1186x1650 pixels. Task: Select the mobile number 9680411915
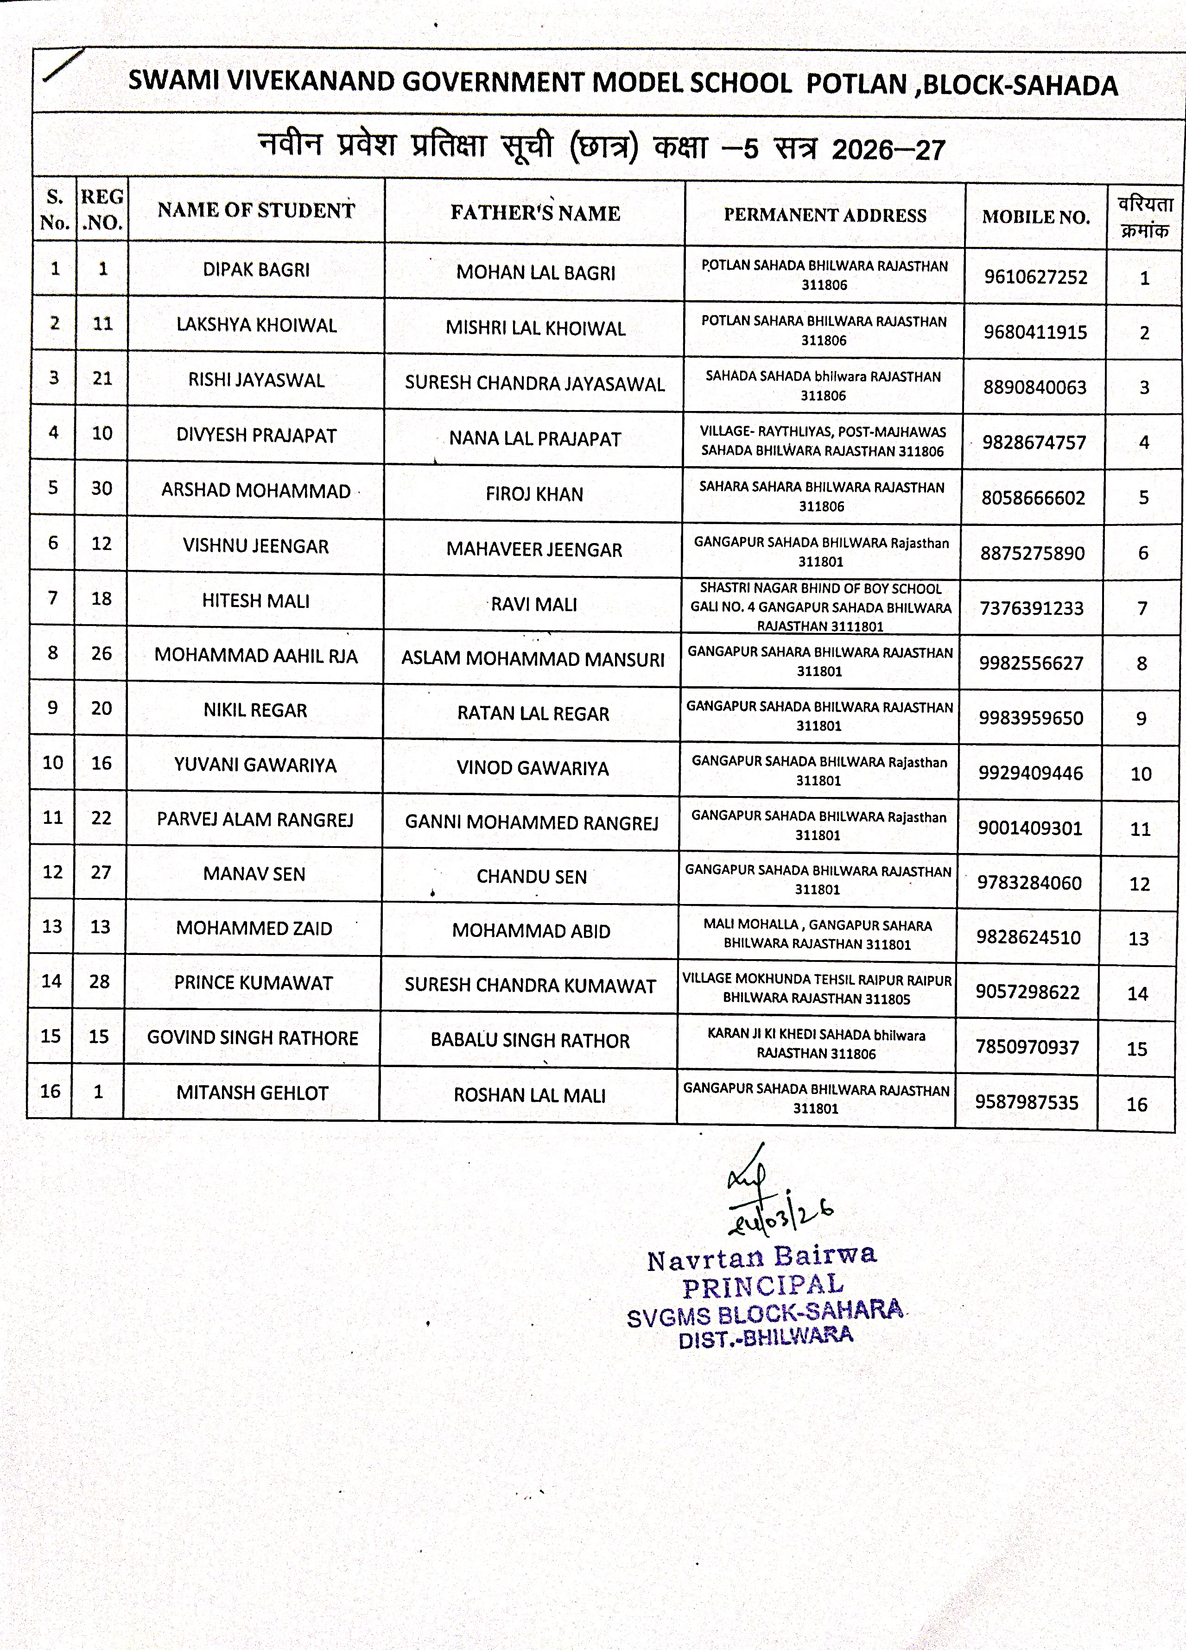click(x=1034, y=333)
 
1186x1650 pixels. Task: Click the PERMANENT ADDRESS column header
click(x=824, y=215)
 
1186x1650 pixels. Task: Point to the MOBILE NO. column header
click(x=1035, y=217)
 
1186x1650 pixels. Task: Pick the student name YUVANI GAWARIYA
click(x=254, y=765)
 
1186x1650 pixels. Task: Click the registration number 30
click(x=101, y=488)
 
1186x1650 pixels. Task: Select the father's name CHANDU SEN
click(x=531, y=877)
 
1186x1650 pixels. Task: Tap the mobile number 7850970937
click(x=1027, y=1048)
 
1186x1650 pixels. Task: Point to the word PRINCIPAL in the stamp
click(x=762, y=1286)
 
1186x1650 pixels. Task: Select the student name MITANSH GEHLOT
click(x=252, y=1093)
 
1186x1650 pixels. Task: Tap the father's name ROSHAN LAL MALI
click(x=529, y=1096)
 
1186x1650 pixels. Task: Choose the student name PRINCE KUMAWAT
click(x=253, y=983)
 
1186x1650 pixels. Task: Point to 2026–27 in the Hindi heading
click(x=888, y=150)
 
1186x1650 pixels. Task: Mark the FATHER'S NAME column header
click(x=535, y=213)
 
